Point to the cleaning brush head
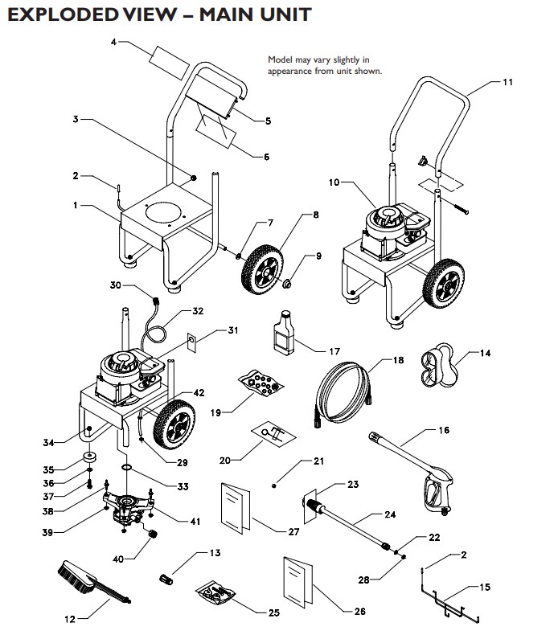tap(77, 578)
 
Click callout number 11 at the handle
tap(507, 83)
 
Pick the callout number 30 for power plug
tap(114, 286)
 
